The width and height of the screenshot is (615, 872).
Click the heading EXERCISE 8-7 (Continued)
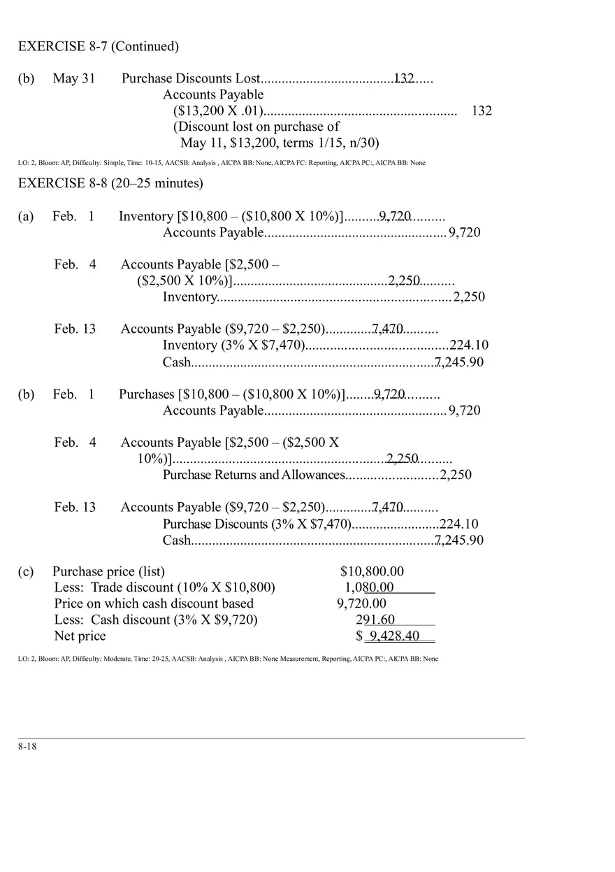99,47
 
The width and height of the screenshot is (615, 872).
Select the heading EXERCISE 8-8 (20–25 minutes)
110,183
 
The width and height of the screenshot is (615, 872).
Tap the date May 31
74,78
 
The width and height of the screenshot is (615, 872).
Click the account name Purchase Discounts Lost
191,78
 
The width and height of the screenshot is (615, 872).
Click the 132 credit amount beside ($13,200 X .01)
482,110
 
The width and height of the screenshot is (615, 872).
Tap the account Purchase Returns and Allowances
254,475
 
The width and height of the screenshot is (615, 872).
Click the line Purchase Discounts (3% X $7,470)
256,524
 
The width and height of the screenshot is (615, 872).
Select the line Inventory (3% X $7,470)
234,345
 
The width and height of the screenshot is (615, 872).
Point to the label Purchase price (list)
109,571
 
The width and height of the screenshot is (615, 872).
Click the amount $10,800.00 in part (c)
372,571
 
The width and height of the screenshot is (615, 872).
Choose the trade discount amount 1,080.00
369,587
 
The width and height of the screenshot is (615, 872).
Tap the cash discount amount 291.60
375,620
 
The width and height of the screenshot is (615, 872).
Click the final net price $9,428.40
389,636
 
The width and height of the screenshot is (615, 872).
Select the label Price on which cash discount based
154,603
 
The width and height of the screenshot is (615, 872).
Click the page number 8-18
27,746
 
